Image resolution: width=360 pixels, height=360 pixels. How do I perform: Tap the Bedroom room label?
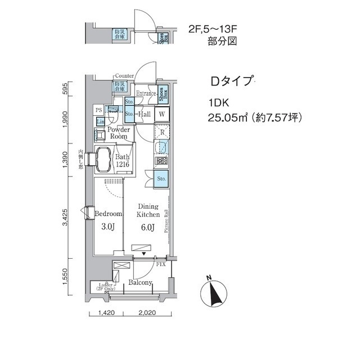(108, 214)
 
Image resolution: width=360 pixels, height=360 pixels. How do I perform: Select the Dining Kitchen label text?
(149, 210)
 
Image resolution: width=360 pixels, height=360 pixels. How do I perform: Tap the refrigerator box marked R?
(161, 133)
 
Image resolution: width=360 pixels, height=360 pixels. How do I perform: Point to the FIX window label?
(160, 264)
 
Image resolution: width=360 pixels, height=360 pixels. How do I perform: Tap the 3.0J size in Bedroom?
(108, 227)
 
